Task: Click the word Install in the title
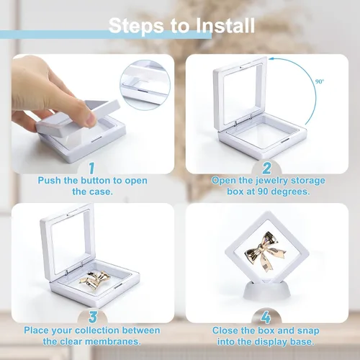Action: click(x=225, y=25)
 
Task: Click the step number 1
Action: click(x=91, y=168)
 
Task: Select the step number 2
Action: click(x=266, y=168)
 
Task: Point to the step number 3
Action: click(x=93, y=317)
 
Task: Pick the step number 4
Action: click(x=266, y=318)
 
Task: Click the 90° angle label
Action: click(x=320, y=81)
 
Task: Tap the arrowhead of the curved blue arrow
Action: click(x=271, y=59)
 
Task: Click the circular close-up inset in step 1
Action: click(x=145, y=85)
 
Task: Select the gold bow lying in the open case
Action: click(x=95, y=279)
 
